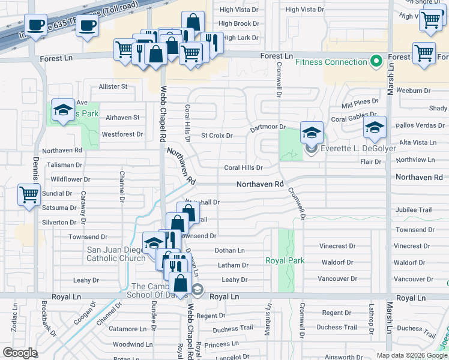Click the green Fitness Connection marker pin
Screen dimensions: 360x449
click(x=376, y=61)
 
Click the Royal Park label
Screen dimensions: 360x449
click(x=285, y=260)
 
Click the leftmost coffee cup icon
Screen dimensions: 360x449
click(x=35, y=25)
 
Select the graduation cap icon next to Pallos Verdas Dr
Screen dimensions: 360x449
click(x=375, y=127)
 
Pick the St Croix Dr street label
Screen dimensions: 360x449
click(x=217, y=136)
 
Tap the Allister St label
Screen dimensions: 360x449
click(x=113, y=86)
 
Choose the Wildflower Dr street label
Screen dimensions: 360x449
click(x=70, y=179)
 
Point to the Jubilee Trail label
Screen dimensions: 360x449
click(x=413, y=210)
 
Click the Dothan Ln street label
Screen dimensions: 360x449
click(x=230, y=250)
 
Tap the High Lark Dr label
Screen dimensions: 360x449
click(x=240, y=38)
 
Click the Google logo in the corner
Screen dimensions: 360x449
click(x=20, y=353)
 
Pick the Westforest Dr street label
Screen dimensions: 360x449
click(x=122, y=134)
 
